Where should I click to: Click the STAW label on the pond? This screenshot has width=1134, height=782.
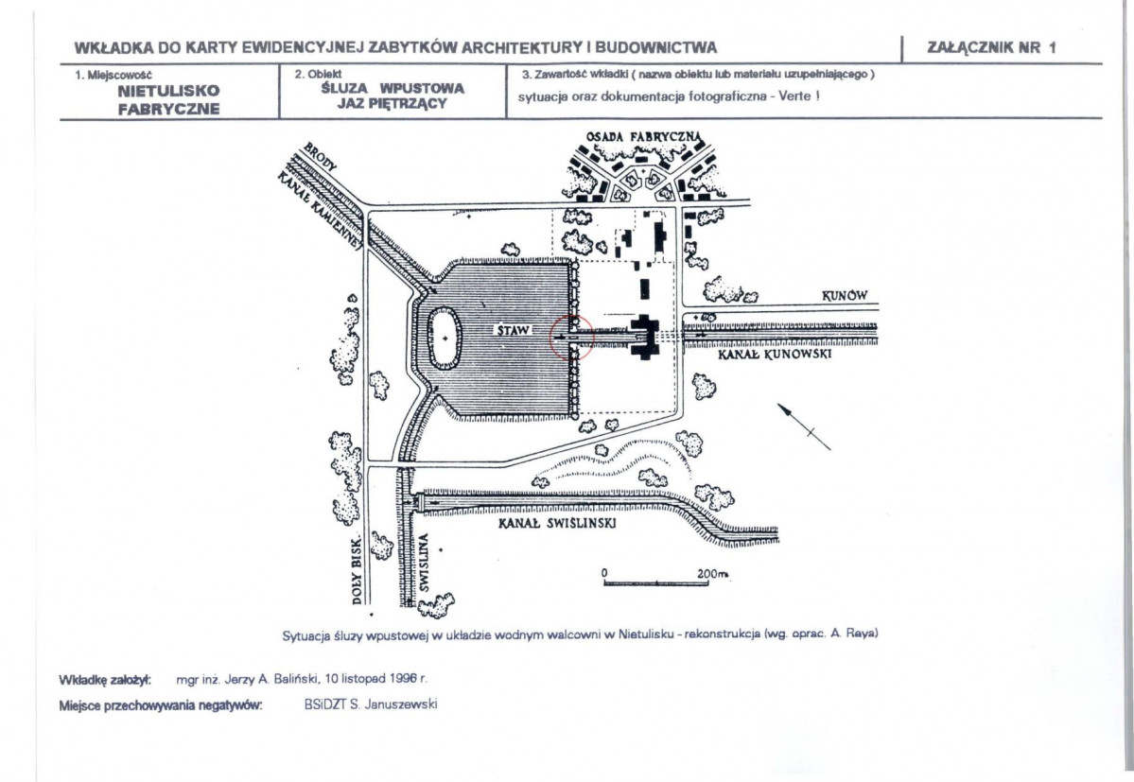tap(514, 330)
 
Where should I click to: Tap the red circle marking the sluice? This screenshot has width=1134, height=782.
tap(551, 338)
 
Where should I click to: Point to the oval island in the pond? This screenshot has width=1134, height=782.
tap(445, 339)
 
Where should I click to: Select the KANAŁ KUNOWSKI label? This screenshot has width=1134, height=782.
tap(775, 355)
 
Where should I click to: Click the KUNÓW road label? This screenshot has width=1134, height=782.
tap(845, 296)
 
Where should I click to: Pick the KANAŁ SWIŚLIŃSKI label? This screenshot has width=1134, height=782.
tap(557, 523)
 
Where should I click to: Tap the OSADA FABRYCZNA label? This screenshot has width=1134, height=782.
tap(644, 136)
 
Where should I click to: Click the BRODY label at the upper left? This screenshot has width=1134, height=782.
tap(320, 156)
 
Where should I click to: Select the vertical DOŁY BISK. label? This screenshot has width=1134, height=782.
tap(357, 571)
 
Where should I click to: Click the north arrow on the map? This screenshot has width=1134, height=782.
tap(804, 427)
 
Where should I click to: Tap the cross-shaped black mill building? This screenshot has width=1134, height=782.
tap(644, 337)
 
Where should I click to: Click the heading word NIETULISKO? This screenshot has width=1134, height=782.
tap(168, 91)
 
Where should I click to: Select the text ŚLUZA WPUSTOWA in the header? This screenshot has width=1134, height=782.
tap(393, 88)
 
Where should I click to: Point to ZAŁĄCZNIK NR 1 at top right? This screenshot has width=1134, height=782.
tap(991, 48)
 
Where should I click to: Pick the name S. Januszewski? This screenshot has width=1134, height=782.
tap(393, 704)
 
